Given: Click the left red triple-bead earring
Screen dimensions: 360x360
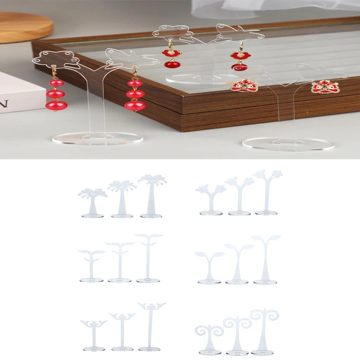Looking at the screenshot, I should (x=56, y=94).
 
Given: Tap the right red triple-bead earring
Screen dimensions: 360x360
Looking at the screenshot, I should (x=135, y=94).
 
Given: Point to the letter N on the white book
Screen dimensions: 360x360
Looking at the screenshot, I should (x=4, y=104).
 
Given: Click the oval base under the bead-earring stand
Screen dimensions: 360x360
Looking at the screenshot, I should (x=97, y=138).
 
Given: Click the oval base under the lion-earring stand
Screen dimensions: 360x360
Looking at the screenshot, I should (x=288, y=144).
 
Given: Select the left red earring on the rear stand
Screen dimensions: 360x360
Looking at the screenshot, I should (x=171, y=57).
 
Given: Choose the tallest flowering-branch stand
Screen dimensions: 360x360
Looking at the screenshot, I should (x=266, y=192).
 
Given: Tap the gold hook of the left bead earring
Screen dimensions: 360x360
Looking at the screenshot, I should (x=54, y=72).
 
